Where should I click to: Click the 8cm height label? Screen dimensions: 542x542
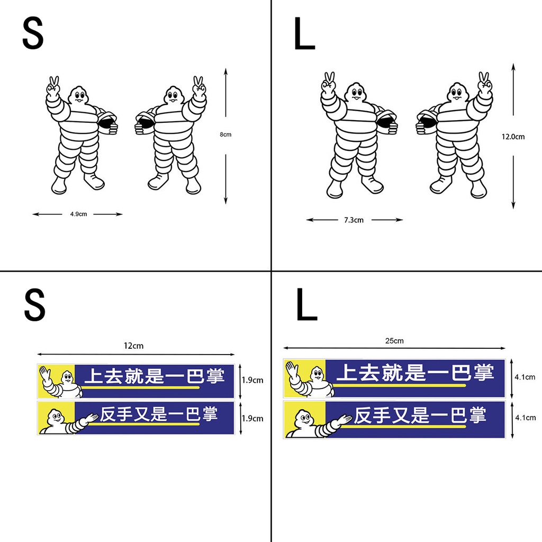point(225,134)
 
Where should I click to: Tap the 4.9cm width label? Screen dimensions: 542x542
point(78,214)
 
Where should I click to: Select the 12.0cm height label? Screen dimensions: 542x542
point(513,137)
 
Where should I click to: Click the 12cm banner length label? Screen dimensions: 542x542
point(134,346)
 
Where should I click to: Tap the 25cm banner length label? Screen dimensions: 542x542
point(394,340)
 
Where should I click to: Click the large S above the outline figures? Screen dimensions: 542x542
point(33,34)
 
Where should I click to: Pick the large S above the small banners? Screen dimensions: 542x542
point(35,306)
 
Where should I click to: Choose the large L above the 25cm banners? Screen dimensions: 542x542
point(306,306)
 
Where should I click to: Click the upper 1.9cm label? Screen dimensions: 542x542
point(252,380)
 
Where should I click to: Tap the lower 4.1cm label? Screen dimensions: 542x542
point(525,417)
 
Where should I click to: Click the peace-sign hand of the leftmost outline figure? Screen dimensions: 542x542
point(53,87)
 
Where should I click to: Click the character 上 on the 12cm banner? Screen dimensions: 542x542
point(94,376)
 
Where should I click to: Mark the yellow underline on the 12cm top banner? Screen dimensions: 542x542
point(140,387)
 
